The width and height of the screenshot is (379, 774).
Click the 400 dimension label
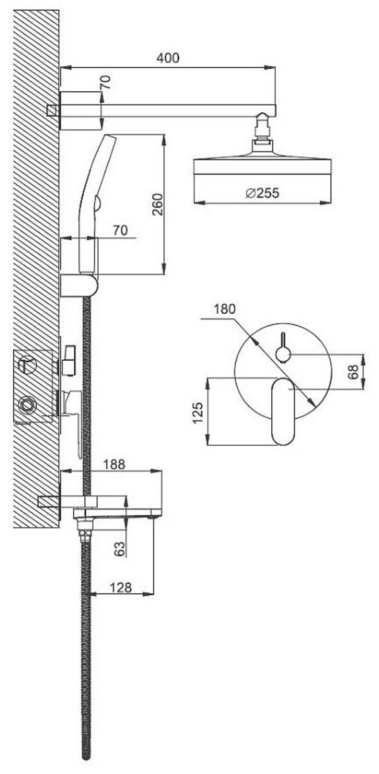tap(168, 58)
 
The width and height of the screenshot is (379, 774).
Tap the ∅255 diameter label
tap(262, 193)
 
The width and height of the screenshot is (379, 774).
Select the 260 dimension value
tap(157, 204)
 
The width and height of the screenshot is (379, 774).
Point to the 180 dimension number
tap(224, 309)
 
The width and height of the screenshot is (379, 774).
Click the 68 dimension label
tap(353, 372)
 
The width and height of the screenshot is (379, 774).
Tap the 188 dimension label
tap(114, 464)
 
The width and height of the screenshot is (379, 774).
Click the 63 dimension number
tap(119, 549)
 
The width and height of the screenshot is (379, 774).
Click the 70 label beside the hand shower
tap(120, 230)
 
